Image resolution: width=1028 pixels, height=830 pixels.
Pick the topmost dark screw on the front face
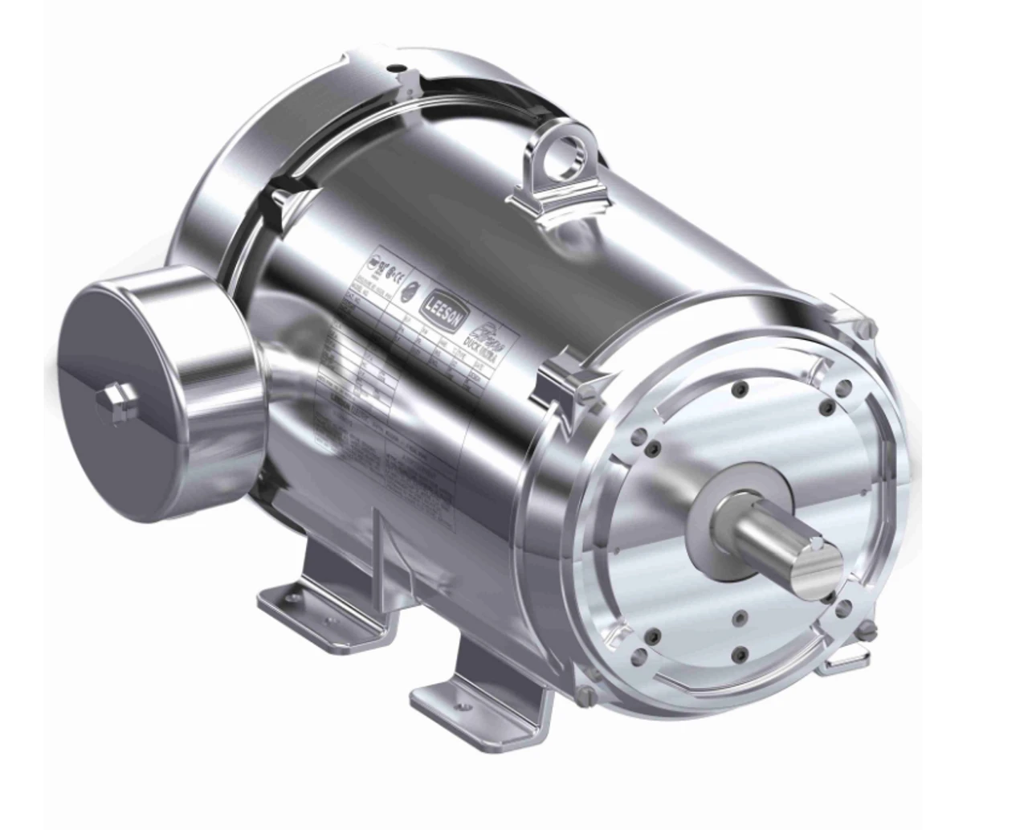(x=737, y=390)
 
